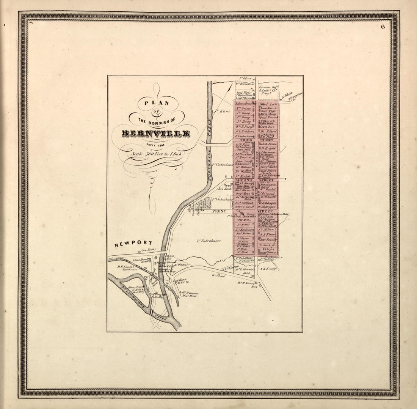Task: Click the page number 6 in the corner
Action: pos(383,27)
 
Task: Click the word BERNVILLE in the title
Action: pos(155,134)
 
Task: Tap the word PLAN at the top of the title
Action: pos(156,102)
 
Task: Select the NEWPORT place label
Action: pos(133,243)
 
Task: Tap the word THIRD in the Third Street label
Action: pos(244,140)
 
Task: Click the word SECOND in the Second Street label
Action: pos(244,180)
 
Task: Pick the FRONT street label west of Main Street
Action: pos(219,211)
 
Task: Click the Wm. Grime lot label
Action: pos(244,108)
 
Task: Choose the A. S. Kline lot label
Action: pos(268,234)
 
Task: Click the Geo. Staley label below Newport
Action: pos(149,250)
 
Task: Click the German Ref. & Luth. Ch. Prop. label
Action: pos(269,90)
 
